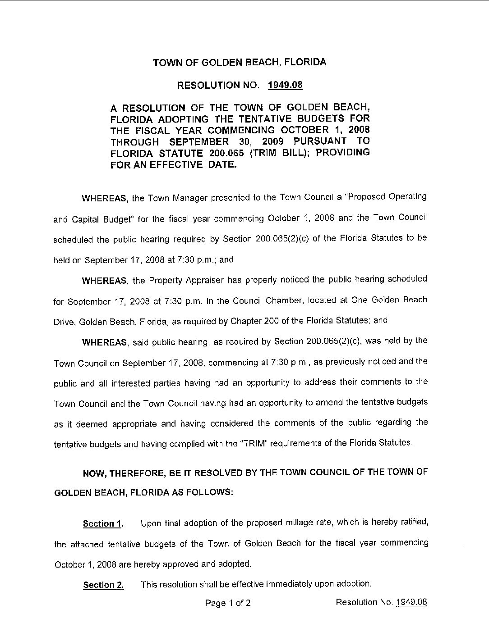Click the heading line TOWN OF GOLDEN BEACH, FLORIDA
click(240, 63)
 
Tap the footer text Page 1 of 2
click(228, 603)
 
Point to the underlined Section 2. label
click(103, 585)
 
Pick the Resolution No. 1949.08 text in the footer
click(381, 602)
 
